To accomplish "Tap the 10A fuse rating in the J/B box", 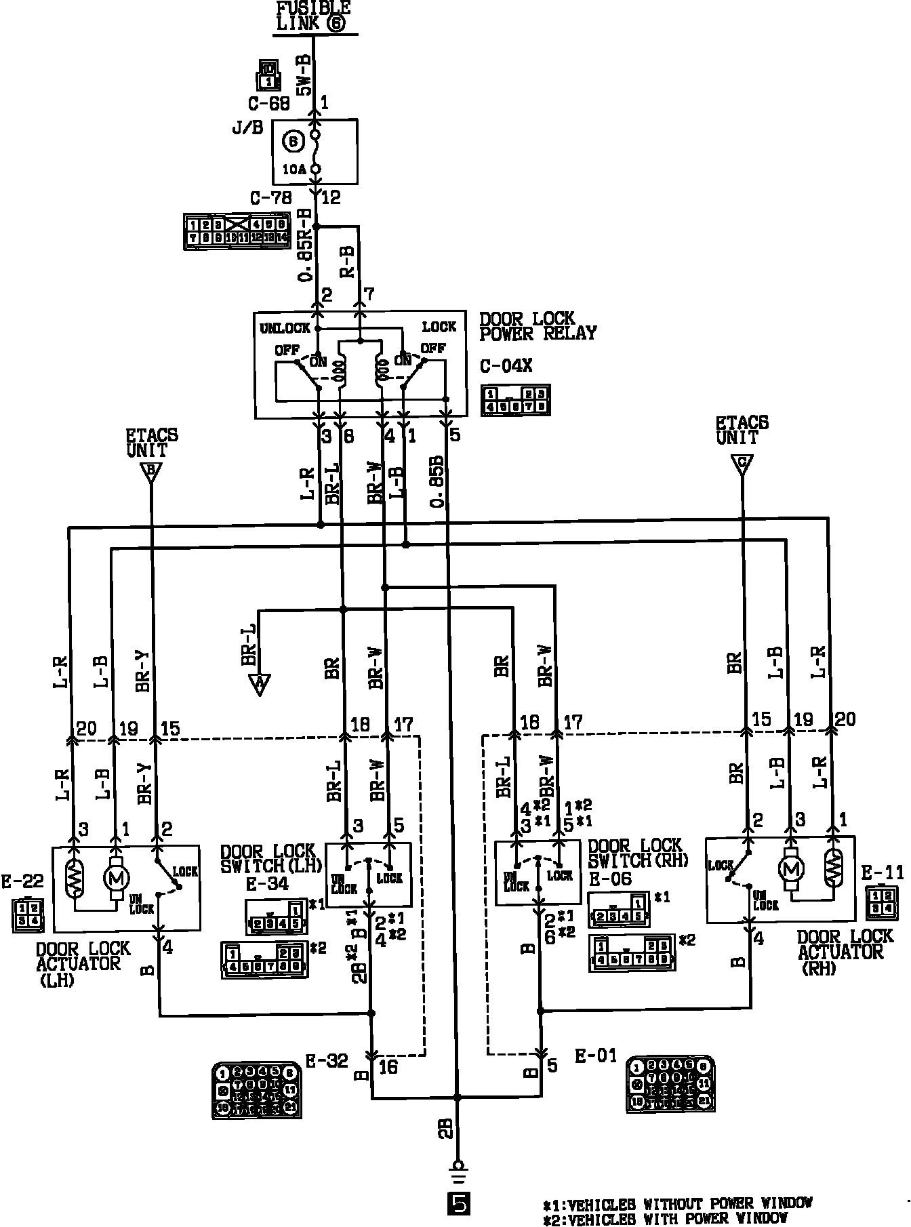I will click(x=294, y=169).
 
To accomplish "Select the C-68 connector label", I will click(x=269, y=104).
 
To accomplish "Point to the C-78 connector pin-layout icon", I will click(x=236, y=232).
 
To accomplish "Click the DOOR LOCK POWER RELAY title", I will click(x=537, y=326).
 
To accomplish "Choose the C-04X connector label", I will click(x=506, y=366).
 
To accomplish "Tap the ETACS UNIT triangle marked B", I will click(x=151, y=472).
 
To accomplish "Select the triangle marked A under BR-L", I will click(x=259, y=685).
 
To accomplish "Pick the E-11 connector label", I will click(x=883, y=872).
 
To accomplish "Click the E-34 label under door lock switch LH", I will click(x=268, y=883).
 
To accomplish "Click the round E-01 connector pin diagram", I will click(x=670, y=1083).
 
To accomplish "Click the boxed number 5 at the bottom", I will click(x=458, y=1204).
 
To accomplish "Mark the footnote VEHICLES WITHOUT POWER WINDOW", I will click(x=677, y=1203).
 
